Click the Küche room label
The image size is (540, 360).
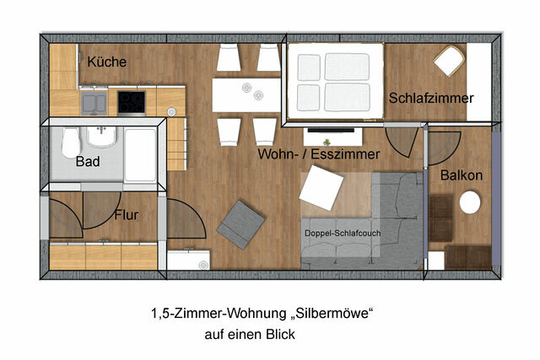(106, 62)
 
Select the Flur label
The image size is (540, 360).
(126, 215)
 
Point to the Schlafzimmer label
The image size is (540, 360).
(431, 99)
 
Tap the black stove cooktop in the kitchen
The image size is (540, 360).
(131, 102)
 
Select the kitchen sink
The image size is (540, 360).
(93, 103)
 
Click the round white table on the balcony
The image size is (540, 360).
(469, 203)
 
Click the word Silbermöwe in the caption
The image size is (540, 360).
(327, 314)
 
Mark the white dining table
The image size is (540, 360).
(246, 94)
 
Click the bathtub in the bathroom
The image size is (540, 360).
(141, 153)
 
